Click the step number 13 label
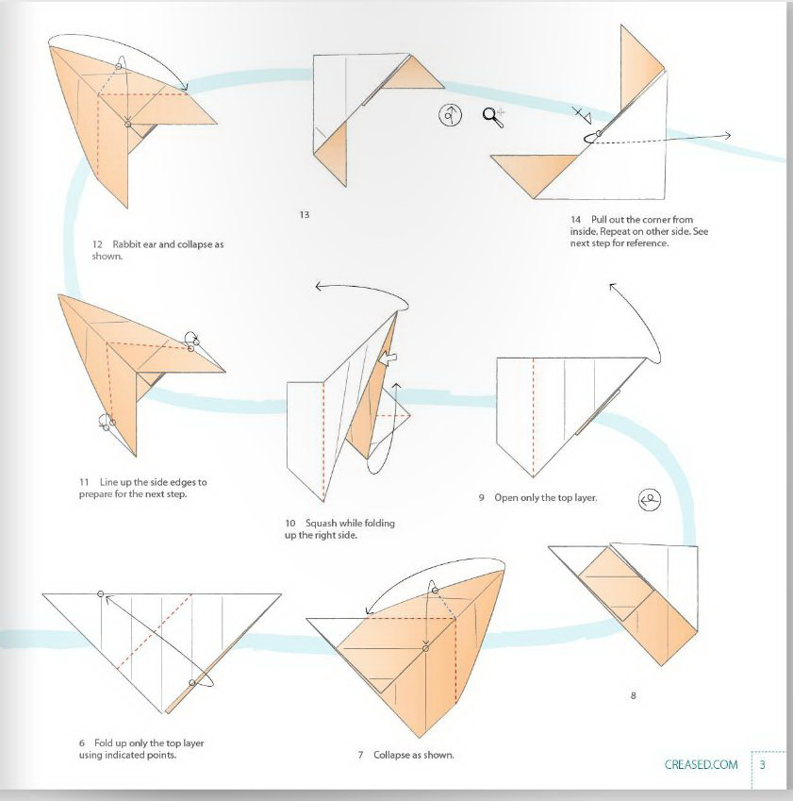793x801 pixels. (304, 215)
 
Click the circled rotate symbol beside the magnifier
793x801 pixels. (451, 115)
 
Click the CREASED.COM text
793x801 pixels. (701, 764)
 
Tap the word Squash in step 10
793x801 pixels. (322, 523)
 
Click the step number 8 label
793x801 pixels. (634, 696)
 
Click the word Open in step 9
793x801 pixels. (507, 497)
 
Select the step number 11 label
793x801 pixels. (84, 482)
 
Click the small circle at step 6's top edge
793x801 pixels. (101, 594)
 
